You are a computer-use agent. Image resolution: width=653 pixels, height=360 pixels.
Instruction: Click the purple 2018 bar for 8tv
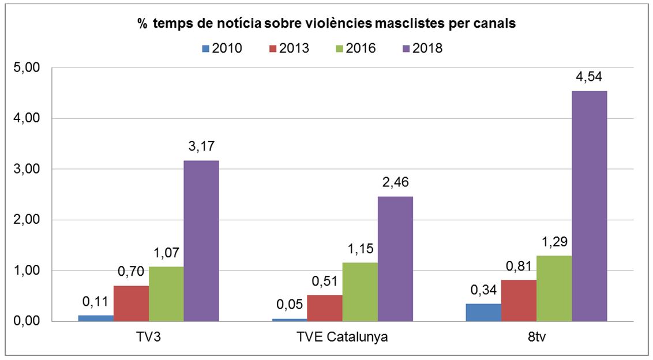tap(590, 206)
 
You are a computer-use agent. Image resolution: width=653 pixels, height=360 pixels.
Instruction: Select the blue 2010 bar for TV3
tap(96, 318)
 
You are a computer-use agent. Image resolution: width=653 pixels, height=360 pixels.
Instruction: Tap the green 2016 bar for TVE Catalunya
tap(360, 292)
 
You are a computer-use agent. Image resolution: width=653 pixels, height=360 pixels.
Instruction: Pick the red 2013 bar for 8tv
tap(519, 301)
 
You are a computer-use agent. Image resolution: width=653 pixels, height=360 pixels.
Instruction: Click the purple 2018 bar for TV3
tap(201, 241)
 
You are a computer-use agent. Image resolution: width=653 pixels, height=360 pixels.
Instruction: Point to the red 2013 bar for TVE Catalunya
tap(325, 308)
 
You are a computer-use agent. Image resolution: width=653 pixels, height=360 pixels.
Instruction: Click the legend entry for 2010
tap(222, 48)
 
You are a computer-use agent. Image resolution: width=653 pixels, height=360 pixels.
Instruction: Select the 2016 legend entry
tap(356, 48)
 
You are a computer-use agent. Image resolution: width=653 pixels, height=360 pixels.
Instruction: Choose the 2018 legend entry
tap(422, 48)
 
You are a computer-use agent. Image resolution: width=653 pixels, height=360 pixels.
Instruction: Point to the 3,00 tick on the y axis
tap(27, 169)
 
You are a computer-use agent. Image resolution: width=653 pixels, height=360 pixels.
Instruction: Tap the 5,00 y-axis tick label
tap(27, 67)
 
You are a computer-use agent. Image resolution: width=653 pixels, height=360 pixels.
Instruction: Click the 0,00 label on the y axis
tap(27, 321)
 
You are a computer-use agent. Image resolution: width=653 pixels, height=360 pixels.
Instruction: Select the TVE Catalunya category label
tap(342, 337)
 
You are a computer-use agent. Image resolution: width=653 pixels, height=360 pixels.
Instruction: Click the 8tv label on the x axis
tap(536, 337)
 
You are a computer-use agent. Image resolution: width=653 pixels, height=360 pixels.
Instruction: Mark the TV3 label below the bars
tap(148, 337)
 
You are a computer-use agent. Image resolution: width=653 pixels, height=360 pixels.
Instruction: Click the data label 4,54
tap(589, 77)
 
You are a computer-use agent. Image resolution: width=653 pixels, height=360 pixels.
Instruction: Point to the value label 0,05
tap(290, 305)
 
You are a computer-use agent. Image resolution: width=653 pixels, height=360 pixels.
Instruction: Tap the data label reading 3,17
tap(201, 147)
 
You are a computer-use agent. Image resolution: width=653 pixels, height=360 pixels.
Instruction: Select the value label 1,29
tap(555, 242)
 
